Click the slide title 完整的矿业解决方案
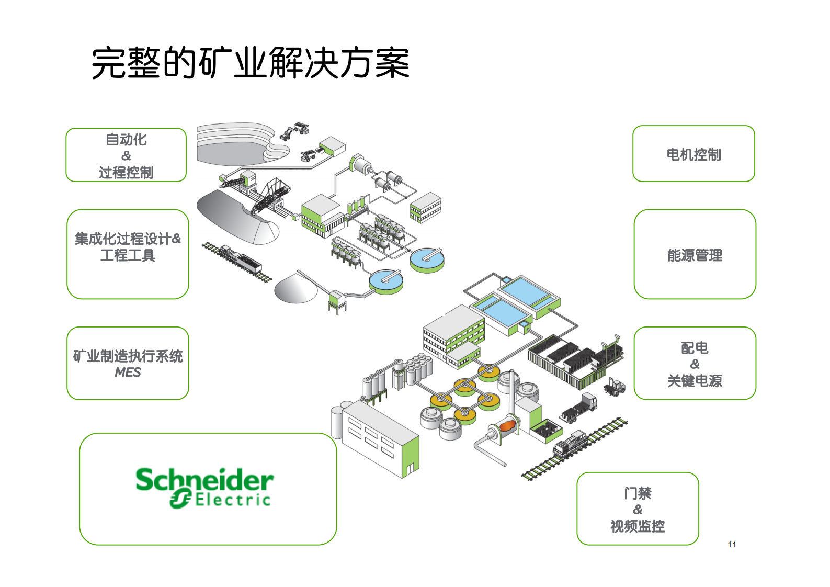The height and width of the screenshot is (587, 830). pyautogui.click(x=250, y=63)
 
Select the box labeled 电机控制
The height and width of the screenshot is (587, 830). pyautogui.click(x=693, y=155)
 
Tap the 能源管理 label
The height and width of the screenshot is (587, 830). pyautogui.click(x=695, y=255)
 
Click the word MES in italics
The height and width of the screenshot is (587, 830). pyautogui.click(x=128, y=372)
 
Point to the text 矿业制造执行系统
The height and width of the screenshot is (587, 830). pyautogui.click(x=128, y=356)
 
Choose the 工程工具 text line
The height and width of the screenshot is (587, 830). pyautogui.click(x=128, y=255)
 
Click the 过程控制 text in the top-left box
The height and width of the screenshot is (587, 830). pyautogui.click(x=126, y=172)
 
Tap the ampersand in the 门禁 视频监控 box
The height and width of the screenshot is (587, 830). pyautogui.click(x=638, y=510)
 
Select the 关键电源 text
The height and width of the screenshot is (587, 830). pyautogui.click(x=695, y=381)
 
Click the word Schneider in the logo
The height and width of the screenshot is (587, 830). pyautogui.click(x=204, y=479)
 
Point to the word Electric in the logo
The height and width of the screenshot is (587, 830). pyautogui.click(x=233, y=500)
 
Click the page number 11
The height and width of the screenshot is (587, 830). pyautogui.click(x=732, y=545)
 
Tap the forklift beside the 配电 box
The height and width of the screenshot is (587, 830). pyautogui.click(x=615, y=387)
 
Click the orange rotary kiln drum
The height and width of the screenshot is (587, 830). pyautogui.click(x=507, y=426)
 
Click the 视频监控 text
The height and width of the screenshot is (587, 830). pyautogui.click(x=638, y=526)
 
